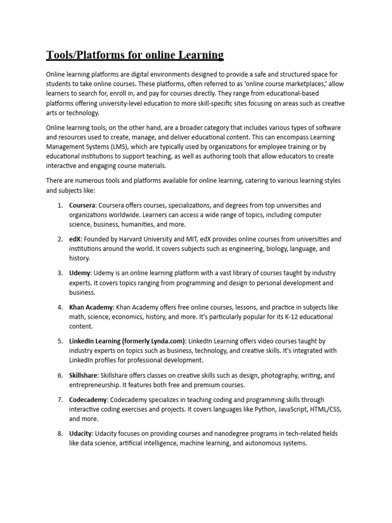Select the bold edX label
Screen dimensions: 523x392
pyautogui.click(x=76, y=239)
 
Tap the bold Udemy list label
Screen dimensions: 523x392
pyautogui.click(x=80, y=273)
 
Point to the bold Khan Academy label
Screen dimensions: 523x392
pyautogui.click(x=91, y=307)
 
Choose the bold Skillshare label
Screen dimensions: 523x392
pyautogui.click(x=83, y=375)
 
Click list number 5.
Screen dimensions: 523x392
pyautogui.click(x=60, y=341)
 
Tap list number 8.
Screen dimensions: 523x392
pyautogui.click(x=60, y=434)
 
